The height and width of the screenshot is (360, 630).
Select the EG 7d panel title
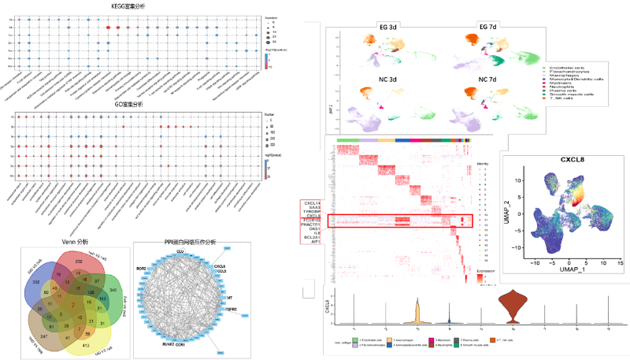coord(488,27)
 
